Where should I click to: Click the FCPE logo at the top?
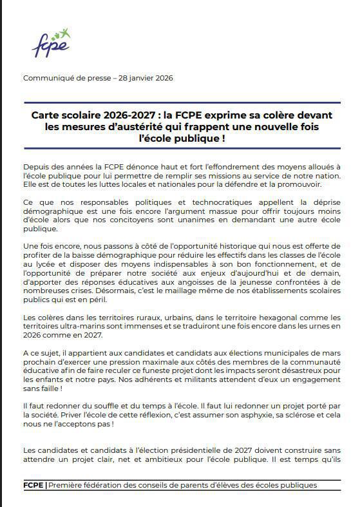point(51,43)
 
